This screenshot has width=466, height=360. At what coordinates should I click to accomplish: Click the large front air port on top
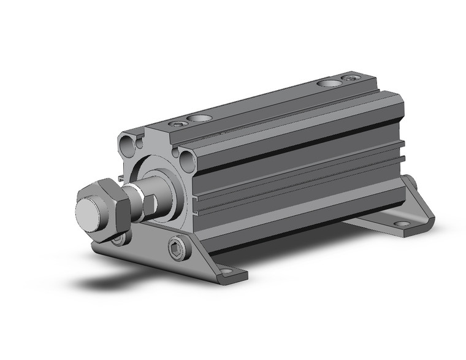(x=198, y=118)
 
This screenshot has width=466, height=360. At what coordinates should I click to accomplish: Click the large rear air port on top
(x=330, y=82)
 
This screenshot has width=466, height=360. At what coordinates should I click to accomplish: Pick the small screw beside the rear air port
(x=351, y=78)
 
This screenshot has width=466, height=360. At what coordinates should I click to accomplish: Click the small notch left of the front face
(x=122, y=178)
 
